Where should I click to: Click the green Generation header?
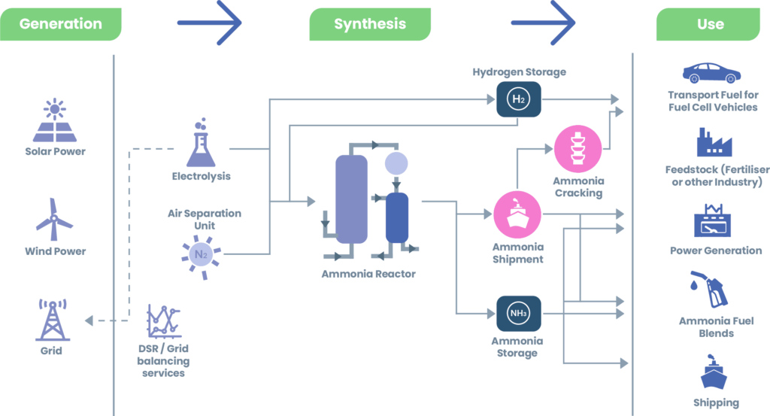point(60,24)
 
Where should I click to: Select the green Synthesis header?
point(370,24)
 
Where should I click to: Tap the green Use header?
point(710,24)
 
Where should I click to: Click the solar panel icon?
point(55,122)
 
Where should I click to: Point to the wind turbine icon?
point(55,219)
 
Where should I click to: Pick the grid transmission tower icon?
point(52,320)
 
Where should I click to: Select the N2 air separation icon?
point(201,255)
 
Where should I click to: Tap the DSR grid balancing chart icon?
point(163,322)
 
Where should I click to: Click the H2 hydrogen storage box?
point(519,99)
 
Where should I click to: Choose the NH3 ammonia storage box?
point(519,314)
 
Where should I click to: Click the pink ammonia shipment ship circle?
point(517,214)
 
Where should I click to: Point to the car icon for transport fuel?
point(711,73)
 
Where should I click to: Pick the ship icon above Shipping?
point(715,375)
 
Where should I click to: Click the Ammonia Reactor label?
point(368,274)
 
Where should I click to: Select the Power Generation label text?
point(716,251)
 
